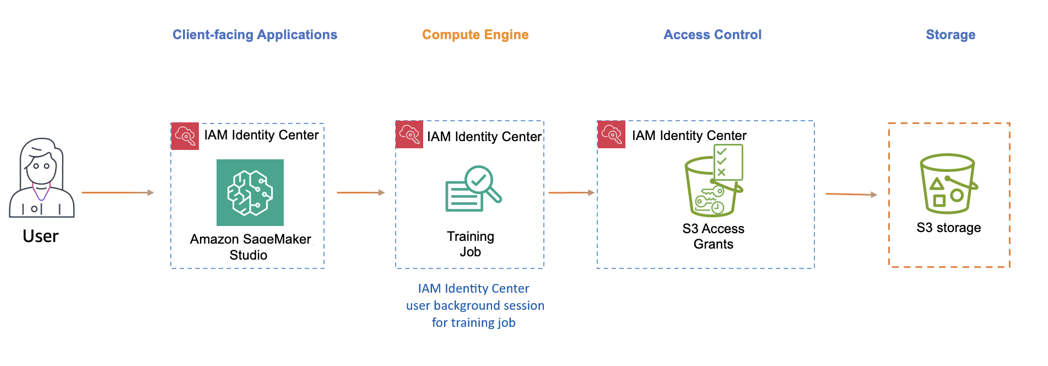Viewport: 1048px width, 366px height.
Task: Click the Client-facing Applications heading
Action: [x=255, y=35]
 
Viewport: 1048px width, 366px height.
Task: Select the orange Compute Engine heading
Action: [x=475, y=35]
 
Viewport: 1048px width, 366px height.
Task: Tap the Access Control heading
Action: [x=712, y=35]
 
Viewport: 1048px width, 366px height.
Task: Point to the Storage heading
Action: [x=950, y=35]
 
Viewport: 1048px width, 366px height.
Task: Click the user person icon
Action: [x=41, y=178]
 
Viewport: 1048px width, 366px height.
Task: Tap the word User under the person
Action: [x=40, y=236]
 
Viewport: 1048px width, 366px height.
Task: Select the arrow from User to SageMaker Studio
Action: [x=117, y=192]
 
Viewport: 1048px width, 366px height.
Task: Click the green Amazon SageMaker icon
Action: [x=250, y=192]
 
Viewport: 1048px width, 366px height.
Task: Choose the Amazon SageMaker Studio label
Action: [x=250, y=247]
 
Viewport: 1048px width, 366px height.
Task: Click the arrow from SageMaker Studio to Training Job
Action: [x=360, y=192]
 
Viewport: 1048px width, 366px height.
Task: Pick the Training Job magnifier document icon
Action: [x=473, y=189]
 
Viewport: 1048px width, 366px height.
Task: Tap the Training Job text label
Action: [x=470, y=244]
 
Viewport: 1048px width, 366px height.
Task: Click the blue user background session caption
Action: [x=474, y=305]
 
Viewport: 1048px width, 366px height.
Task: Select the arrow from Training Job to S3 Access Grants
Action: [x=571, y=192]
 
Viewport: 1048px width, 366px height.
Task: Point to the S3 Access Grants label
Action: [x=713, y=236]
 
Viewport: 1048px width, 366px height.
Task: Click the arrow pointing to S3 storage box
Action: [x=851, y=194]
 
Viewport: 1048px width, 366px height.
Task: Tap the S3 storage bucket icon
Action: [x=948, y=184]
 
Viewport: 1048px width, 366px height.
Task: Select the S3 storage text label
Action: [x=948, y=228]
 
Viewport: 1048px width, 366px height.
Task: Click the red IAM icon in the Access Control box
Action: [x=611, y=134]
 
